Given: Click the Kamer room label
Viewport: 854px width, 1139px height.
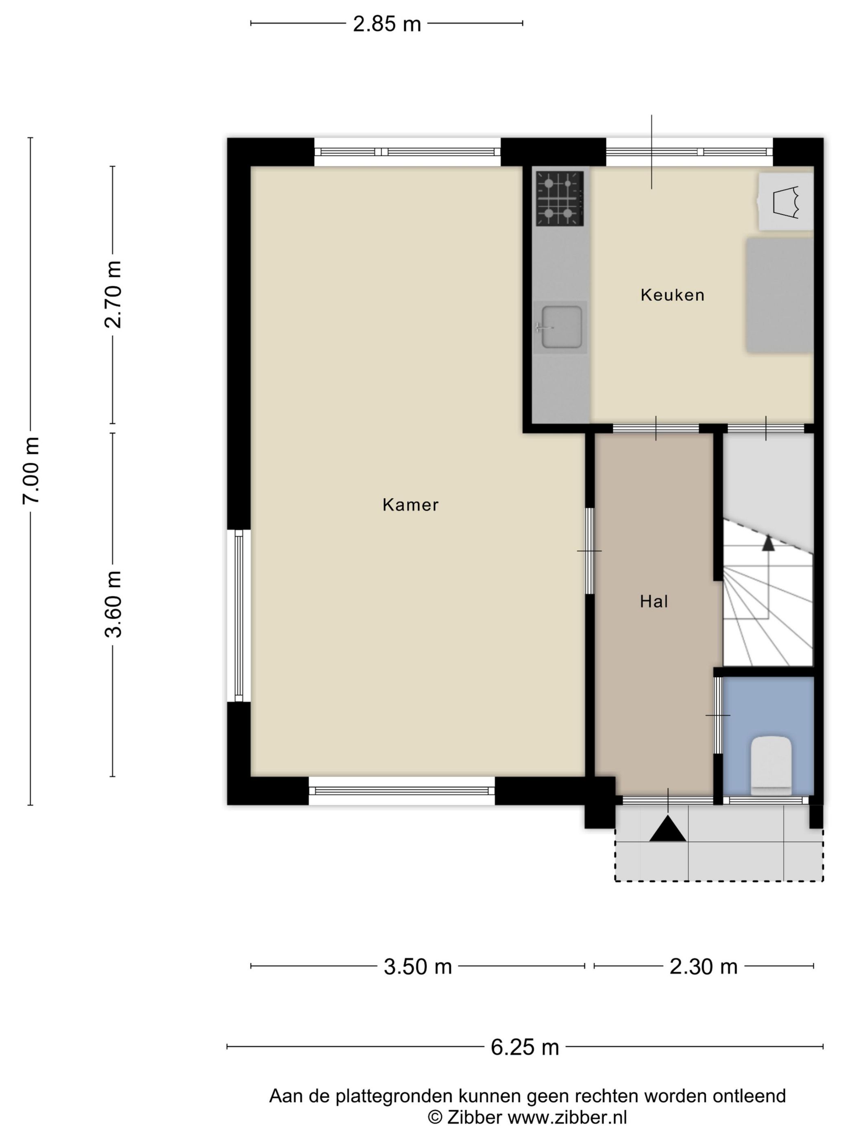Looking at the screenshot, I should point(410,505).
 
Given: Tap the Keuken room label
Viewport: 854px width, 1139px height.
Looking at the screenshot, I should point(672,295).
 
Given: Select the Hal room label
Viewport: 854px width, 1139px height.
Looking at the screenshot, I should point(654,601).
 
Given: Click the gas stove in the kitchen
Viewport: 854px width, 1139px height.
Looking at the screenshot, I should point(560,198).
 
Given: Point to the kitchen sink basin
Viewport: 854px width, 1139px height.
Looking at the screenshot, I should point(562,327).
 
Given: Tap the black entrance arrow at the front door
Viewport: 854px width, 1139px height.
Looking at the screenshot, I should point(667,829).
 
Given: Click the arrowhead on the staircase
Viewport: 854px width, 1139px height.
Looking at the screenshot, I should point(768,543).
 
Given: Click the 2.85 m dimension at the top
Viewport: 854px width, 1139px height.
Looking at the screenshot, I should point(387,24).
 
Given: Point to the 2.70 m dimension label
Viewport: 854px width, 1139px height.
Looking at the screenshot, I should point(113,295).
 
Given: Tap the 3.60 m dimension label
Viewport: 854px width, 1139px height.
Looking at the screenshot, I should point(113,604).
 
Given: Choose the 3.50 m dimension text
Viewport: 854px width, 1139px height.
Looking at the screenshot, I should point(418,967).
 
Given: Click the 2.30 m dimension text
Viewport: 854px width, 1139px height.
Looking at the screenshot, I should point(703,967).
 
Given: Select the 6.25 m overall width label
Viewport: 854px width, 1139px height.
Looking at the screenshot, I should point(525,1047).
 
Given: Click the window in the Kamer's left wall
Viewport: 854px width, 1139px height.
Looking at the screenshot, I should point(239,615).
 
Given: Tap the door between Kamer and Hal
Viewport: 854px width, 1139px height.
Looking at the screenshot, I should point(590,551).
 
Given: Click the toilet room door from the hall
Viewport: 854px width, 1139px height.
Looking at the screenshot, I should point(718,715).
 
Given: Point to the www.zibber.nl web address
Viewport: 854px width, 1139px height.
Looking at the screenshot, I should point(567,1118).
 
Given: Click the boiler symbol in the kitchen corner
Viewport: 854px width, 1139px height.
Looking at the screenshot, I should point(786,201).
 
